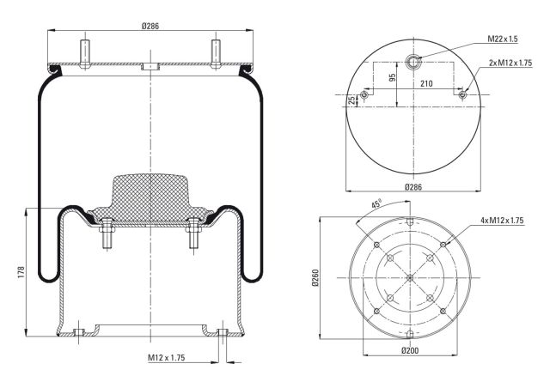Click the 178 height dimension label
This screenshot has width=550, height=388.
pos(21,272)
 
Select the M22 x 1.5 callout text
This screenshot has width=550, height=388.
pos(502,39)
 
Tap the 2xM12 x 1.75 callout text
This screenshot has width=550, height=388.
pos(510,63)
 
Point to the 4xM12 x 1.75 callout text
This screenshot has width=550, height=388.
pos(502,220)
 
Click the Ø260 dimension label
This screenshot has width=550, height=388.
pos(315,278)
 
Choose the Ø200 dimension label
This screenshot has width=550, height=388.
pos(410,350)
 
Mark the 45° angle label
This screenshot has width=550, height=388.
pos(376,203)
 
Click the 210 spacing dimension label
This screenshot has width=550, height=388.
pos(426,83)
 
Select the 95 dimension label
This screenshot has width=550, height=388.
pos(393,76)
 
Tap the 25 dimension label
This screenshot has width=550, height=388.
pos(351,100)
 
